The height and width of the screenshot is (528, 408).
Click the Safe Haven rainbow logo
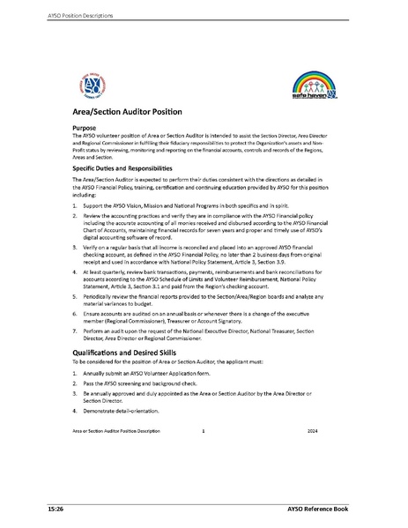(313, 89)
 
